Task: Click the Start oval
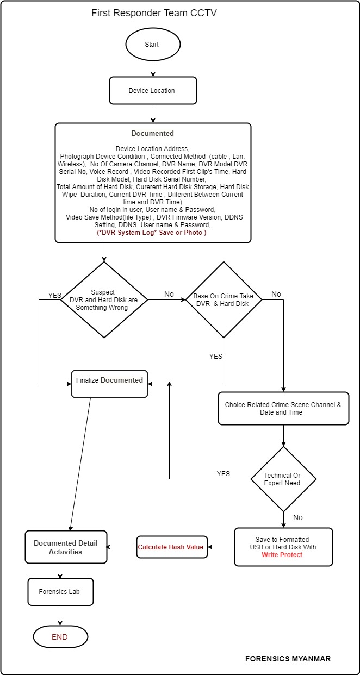click(x=152, y=44)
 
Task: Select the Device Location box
click(x=152, y=91)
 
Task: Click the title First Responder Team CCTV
click(x=154, y=13)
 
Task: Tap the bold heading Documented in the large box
click(x=153, y=133)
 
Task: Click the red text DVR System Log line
click(x=152, y=232)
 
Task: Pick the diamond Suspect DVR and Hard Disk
click(x=103, y=300)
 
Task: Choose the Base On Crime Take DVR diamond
click(x=224, y=300)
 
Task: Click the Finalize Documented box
click(x=109, y=380)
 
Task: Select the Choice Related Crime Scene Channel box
click(x=283, y=409)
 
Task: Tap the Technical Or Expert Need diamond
click(x=282, y=479)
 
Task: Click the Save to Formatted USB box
click(x=283, y=547)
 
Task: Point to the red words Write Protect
click(x=282, y=555)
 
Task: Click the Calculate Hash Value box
click(x=171, y=547)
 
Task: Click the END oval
click(x=60, y=637)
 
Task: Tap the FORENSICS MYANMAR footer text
click(x=288, y=659)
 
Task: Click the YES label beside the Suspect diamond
click(x=55, y=296)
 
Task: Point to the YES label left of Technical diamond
click(x=224, y=473)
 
